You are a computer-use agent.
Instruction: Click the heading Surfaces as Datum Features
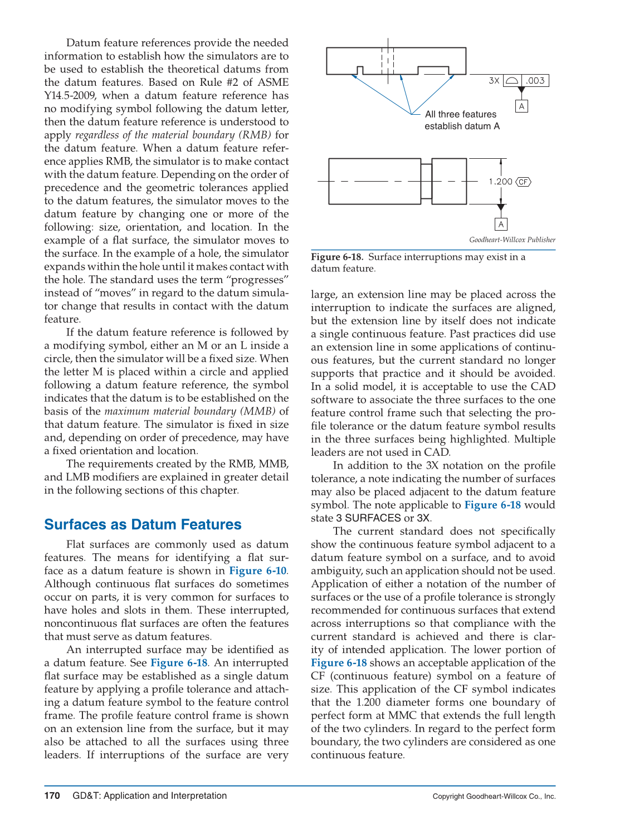143,524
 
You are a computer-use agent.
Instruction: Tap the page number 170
52,796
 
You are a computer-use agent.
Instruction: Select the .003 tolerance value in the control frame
535,81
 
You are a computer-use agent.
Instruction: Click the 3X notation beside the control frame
494,81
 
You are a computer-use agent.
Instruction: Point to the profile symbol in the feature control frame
513,81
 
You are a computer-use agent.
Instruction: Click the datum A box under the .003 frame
521,106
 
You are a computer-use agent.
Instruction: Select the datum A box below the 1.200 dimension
501,224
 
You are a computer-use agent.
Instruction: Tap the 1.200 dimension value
500,182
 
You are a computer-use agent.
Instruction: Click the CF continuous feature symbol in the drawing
524,182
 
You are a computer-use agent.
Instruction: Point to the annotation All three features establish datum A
461,120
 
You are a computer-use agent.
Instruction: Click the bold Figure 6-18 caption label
337,257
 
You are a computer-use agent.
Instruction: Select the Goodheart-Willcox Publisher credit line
512,240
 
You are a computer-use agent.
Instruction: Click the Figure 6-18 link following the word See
179,662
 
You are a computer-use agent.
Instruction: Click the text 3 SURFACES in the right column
368,518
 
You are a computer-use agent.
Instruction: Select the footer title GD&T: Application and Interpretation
149,796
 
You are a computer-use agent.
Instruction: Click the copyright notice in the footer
494,797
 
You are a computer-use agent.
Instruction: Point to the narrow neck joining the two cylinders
426,182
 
